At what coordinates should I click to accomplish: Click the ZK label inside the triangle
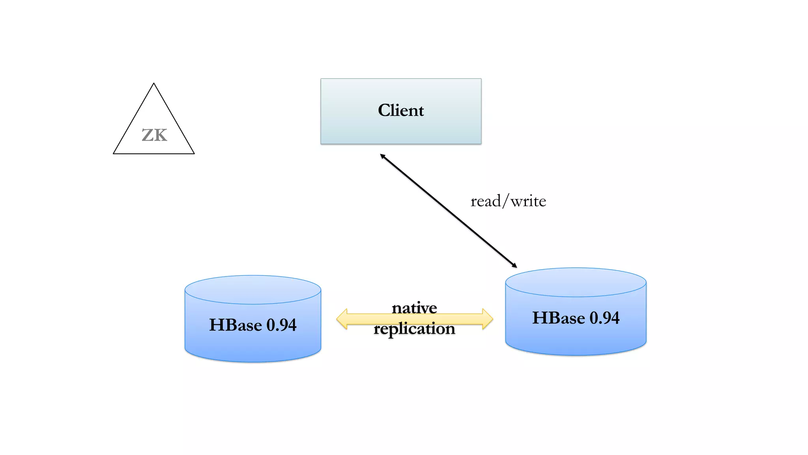coord(154,135)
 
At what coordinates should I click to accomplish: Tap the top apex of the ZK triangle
coord(154,84)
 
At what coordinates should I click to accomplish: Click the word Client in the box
coord(401,110)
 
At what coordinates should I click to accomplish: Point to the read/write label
coord(508,201)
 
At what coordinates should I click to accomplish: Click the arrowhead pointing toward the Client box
coord(382,156)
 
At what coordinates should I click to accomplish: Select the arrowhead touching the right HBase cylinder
coord(514,266)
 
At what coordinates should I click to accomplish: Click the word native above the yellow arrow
coord(414,308)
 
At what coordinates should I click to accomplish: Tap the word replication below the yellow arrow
coord(414,329)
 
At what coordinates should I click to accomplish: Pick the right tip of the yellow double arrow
coord(492,319)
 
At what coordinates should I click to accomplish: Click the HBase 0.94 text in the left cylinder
coord(252,325)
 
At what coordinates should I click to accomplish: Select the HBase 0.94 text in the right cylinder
coord(576,318)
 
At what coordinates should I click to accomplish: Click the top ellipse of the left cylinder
coord(252,290)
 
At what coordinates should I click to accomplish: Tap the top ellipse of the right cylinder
coord(576,282)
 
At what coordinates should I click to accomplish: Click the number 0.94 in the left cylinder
coord(281,325)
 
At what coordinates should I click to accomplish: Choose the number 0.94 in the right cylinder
coord(604,318)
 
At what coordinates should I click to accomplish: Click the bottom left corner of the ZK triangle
coord(114,153)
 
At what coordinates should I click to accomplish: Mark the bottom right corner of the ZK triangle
coord(194,153)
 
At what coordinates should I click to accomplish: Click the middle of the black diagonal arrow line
coord(449,211)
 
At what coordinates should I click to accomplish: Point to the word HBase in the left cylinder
coord(236,325)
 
